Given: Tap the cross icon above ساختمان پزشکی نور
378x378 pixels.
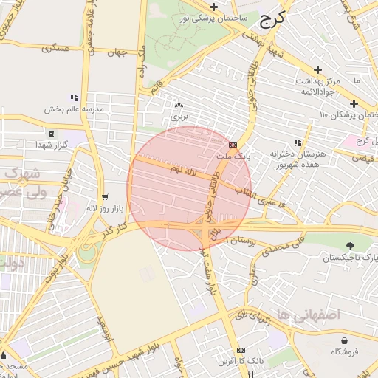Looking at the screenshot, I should pyautogui.click(x=213, y=6).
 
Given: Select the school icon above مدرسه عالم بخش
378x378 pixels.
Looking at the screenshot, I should pyautogui.click(x=73, y=97).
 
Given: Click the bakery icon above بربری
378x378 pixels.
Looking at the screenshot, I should pyautogui.click(x=179, y=105).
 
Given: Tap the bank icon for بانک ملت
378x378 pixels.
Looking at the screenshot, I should pyautogui.click(x=233, y=145).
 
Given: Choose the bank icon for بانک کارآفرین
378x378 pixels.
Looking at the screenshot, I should pyautogui.click(x=241, y=350).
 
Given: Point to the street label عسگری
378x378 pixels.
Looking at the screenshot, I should pyautogui.click(x=55, y=48).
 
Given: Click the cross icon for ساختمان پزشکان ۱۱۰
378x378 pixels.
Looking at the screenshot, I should pyautogui.click(x=354, y=103).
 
